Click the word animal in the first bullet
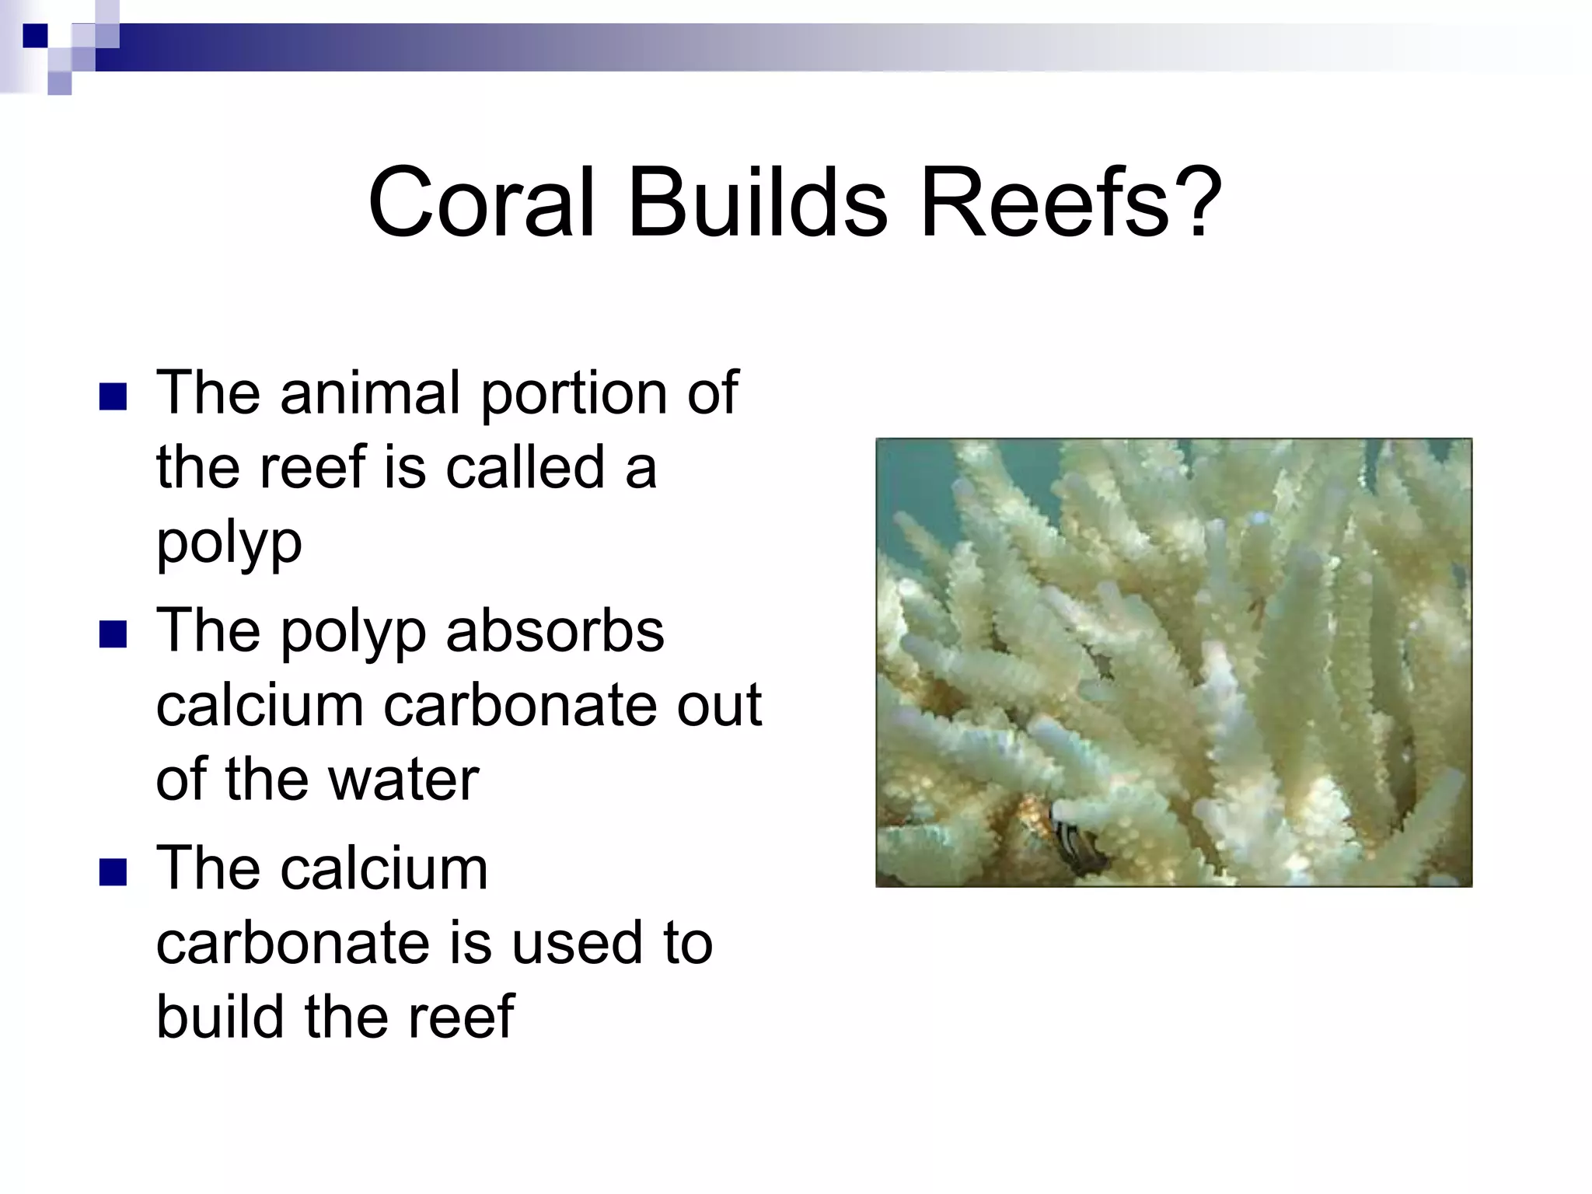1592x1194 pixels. point(371,393)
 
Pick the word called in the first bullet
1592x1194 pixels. point(525,468)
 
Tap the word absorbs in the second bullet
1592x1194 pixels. point(555,631)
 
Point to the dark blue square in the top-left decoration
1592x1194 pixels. point(35,36)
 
